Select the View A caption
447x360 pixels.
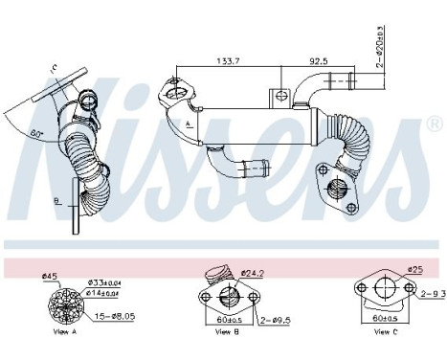click(65, 332)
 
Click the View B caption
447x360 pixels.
click(227, 332)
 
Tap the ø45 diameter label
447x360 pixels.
click(49, 279)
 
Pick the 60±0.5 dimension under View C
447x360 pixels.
click(385, 316)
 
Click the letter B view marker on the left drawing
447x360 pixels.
click(56, 201)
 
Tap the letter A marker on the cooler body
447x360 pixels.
click(189, 123)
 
